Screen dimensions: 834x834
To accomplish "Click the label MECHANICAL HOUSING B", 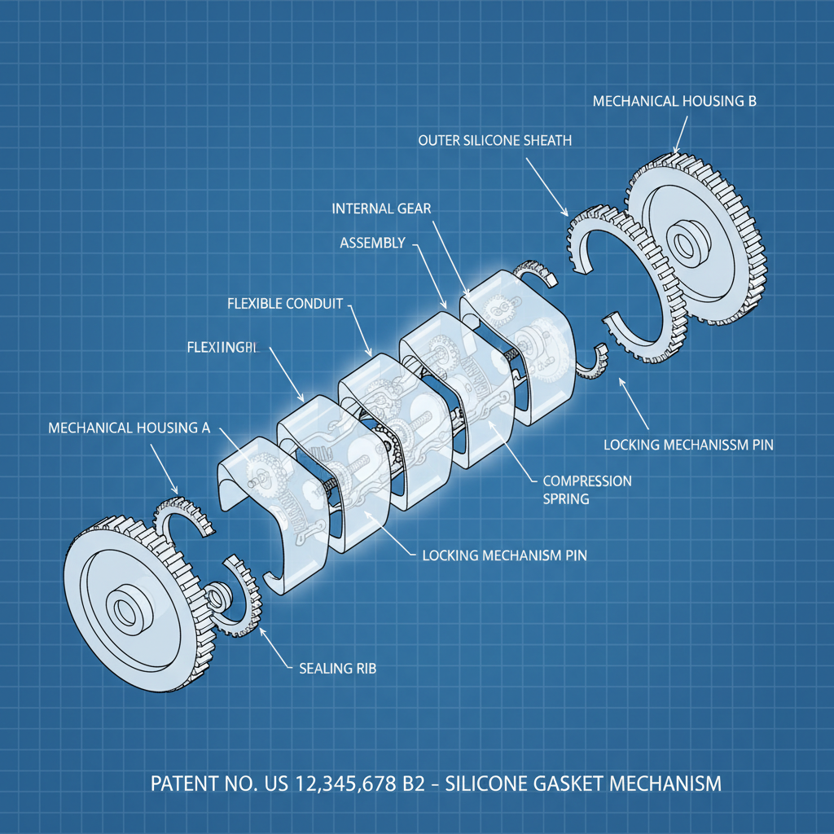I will click(674, 102).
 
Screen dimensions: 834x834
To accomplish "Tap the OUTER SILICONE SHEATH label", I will click(494, 141).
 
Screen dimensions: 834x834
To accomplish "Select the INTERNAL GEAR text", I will click(382, 208).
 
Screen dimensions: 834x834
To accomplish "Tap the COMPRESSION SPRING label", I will click(586, 489).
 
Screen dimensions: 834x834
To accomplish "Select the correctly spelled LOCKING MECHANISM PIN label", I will click(504, 556).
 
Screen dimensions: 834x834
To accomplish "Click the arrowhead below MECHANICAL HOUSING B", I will click(674, 151).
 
